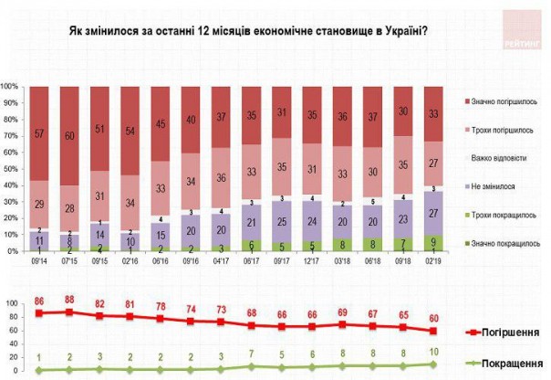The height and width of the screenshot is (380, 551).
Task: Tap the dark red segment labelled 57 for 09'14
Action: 39,132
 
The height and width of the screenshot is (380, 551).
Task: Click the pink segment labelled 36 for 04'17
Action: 220,178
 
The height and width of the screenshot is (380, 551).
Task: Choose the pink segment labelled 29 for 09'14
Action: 39,204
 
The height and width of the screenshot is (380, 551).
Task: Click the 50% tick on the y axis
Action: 12,169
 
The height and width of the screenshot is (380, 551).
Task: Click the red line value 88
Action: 68,300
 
